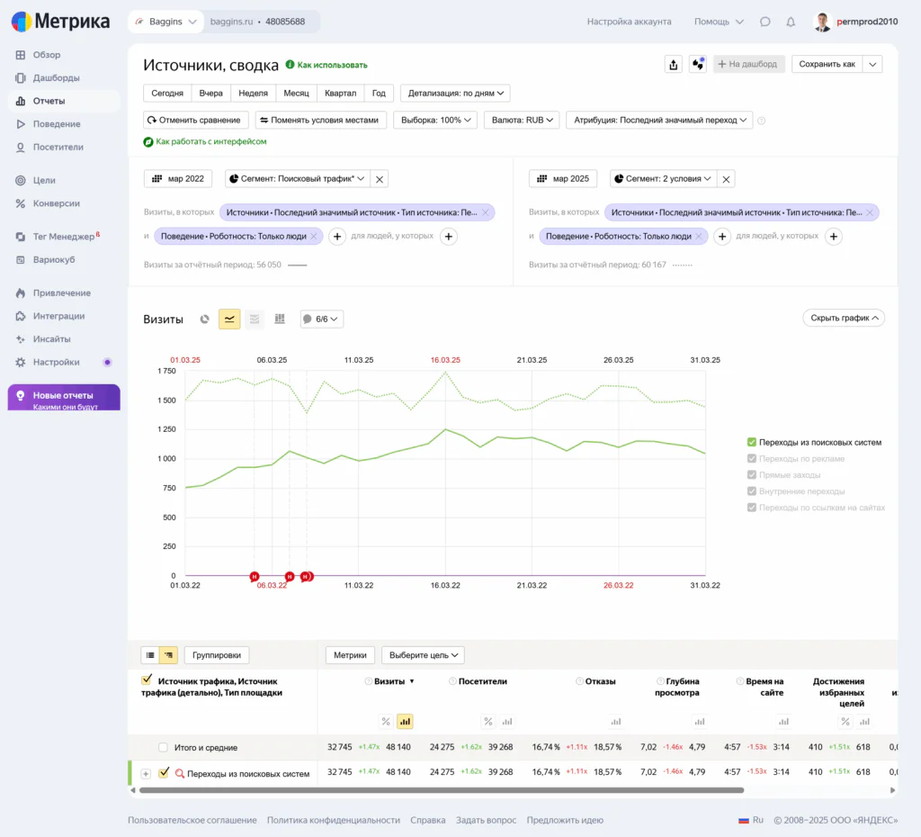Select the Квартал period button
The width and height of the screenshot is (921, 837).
coord(340,93)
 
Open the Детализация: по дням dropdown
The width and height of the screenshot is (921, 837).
coord(455,93)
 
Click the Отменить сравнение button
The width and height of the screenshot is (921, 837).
coord(195,120)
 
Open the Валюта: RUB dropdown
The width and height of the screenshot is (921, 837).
coord(522,120)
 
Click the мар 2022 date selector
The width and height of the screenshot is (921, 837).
coord(178,179)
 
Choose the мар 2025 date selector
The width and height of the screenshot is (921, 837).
coord(563,179)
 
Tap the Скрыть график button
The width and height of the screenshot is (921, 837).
coord(844,318)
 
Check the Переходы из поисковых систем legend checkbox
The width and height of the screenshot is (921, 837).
coord(752,442)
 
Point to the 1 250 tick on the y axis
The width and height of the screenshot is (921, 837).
coord(166,429)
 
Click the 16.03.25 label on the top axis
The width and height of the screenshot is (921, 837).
coord(445,360)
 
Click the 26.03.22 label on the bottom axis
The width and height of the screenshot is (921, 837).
coord(619,585)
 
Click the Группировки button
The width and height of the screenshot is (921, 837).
coord(217,655)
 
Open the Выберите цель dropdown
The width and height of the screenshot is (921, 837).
coord(423,655)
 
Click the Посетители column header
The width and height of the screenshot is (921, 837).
coord(483,681)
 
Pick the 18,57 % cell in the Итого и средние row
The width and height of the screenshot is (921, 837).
coord(607,747)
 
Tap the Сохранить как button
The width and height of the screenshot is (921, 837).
coord(827,64)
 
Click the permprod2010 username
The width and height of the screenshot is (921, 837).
coord(867,22)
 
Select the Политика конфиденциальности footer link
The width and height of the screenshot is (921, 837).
coord(334,820)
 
